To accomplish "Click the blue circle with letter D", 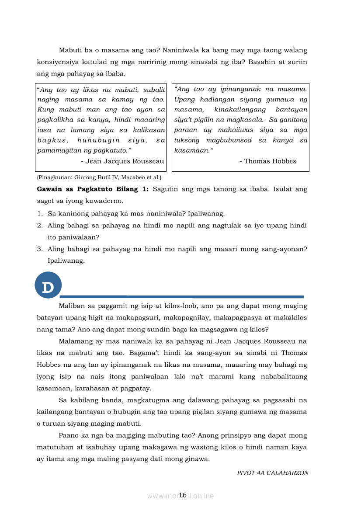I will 48,287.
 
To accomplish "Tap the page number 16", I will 183,495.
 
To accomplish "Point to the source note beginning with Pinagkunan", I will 99,177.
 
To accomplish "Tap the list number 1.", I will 39,214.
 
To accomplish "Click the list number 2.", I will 39,226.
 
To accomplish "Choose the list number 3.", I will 39,249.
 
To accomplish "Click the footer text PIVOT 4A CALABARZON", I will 273,473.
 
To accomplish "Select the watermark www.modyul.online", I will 180,496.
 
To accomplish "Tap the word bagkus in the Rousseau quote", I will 53,140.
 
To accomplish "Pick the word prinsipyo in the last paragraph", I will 242,435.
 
